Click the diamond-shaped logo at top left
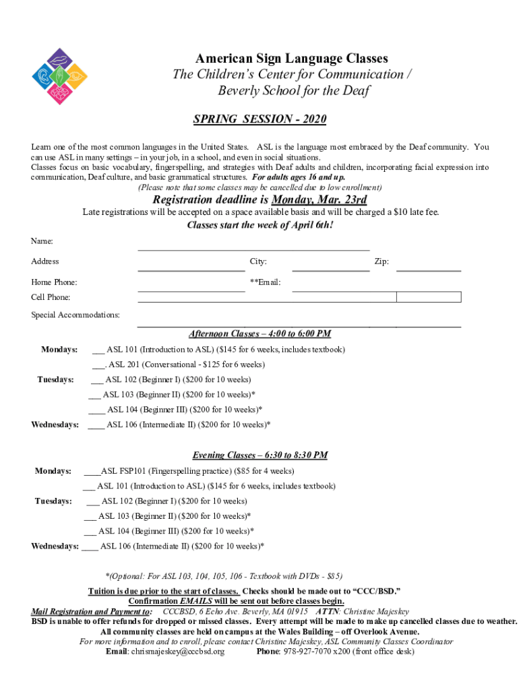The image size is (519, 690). click(x=59, y=76)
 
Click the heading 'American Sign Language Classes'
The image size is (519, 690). click(x=292, y=59)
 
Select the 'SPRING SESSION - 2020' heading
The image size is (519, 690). click(x=259, y=119)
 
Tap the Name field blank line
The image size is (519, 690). click(x=253, y=249)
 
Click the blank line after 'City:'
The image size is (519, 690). click(x=330, y=270)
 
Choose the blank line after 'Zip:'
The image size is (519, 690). click(x=428, y=270)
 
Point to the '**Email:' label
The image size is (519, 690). click(x=265, y=282)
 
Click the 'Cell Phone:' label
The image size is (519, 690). click(x=51, y=297)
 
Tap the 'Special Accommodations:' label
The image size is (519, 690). click(x=75, y=315)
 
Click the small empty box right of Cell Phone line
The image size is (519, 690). click(x=429, y=297)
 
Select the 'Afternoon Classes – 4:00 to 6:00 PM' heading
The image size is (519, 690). click(x=259, y=334)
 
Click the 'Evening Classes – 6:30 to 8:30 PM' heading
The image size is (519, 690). click(x=259, y=455)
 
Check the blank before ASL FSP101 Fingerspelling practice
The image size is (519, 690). click(x=92, y=472)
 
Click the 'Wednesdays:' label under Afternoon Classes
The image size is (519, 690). click(x=55, y=425)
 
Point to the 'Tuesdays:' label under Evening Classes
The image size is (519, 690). click(x=53, y=501)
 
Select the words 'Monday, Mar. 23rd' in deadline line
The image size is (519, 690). click(x=319, y=200)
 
